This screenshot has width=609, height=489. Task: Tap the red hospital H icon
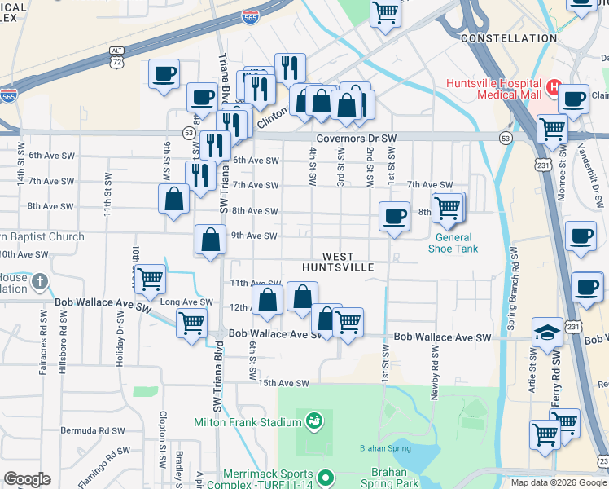point(554,86)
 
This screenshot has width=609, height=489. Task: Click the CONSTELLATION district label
point(509,38)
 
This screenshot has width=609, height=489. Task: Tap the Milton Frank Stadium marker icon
point(313,421)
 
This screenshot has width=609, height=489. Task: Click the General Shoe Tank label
point(452,243)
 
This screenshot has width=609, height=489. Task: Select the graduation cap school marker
point(547,332)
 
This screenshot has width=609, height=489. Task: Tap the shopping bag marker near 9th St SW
point(174,199)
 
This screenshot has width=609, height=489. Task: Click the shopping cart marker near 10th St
point(151,279)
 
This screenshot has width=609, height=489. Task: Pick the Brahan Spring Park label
point(395,478)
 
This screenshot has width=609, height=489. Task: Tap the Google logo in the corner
point(27,479)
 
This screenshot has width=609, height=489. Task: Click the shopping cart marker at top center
point(386,12)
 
